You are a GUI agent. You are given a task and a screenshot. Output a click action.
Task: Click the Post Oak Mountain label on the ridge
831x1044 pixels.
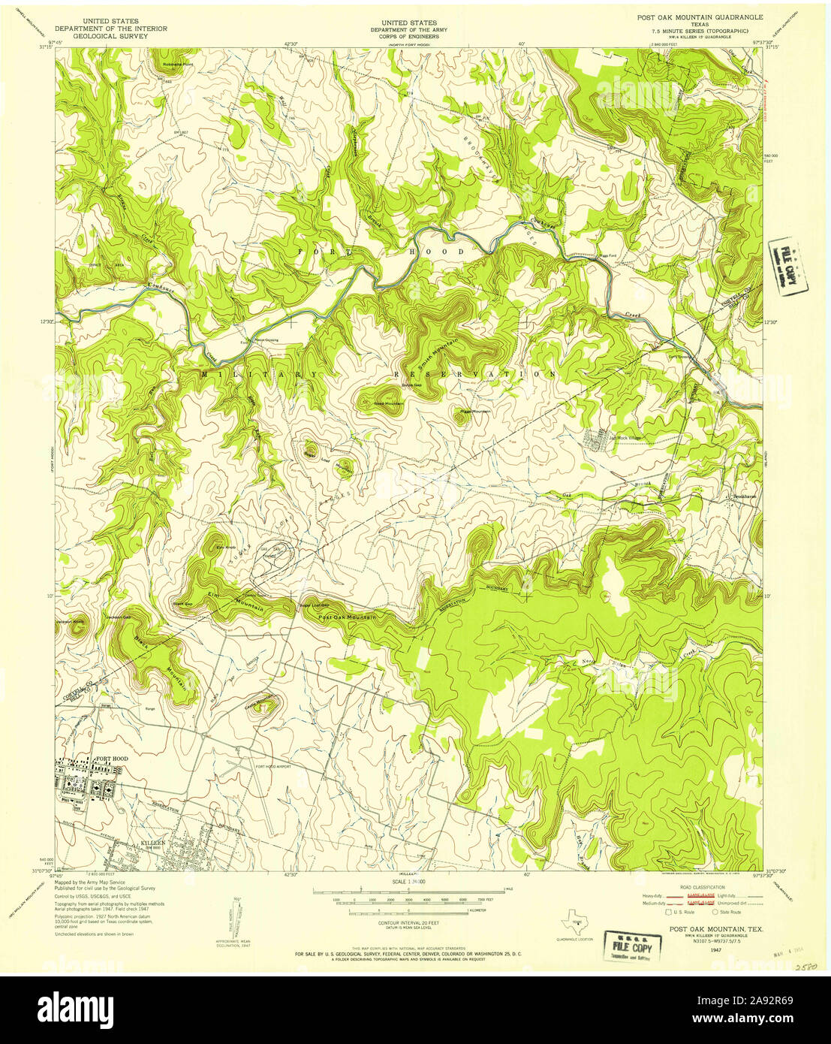[346, 617]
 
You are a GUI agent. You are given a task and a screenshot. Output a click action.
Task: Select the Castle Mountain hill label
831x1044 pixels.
[257, 705]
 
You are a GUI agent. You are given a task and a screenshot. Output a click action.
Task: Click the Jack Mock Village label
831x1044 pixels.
[624, 438]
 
